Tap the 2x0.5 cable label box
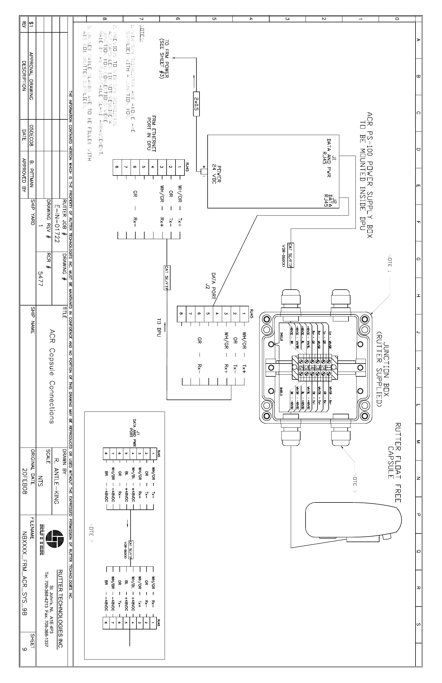(196, 104)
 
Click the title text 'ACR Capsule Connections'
(52, 376)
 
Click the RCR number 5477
(40, 279)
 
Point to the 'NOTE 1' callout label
(390, 263)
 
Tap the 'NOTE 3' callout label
(355, 482)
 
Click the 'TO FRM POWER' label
(164, 59)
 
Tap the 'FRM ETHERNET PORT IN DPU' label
(151, 134)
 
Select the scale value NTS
(40, 481)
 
